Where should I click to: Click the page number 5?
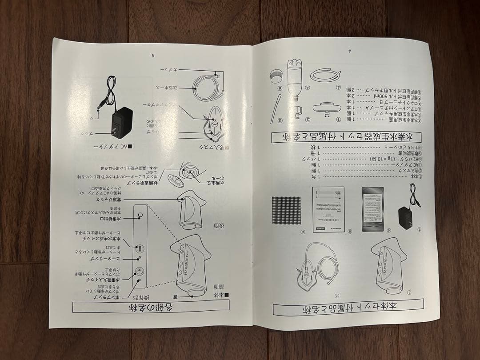[152, 56]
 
